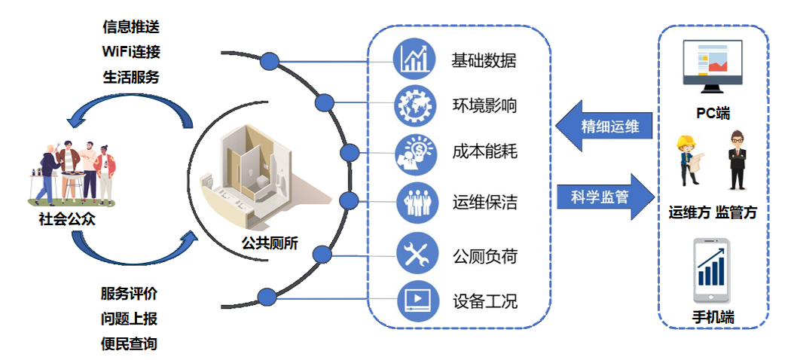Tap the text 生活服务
coord(131,77)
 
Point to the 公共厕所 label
coord(270,243)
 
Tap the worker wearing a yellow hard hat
coord(689,159)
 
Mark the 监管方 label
coord(735,213)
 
